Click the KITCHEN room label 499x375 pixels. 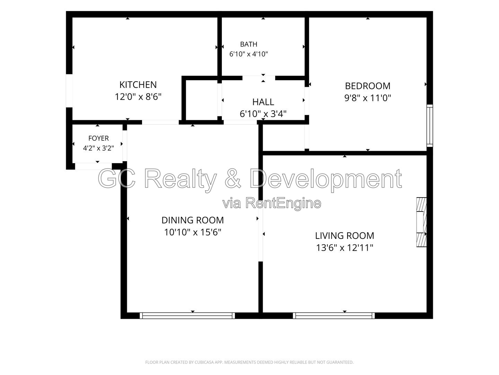point(138,85)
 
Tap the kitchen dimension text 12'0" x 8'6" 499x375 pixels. point(138,97)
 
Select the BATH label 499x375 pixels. point(248,44)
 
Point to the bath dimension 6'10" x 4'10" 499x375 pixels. point(248,54)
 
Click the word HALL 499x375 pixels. point(263,102)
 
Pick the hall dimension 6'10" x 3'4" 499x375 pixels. point(263,114)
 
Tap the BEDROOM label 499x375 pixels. point(367,86)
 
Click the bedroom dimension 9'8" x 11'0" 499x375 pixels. point(367,98)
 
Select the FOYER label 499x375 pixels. point(98,138)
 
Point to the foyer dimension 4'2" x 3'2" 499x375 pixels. point(98,148)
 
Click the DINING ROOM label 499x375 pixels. point(193,220)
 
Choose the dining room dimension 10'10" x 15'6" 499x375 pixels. point(193,232)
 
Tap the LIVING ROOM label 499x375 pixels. point(344,236)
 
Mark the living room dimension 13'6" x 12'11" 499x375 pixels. point(344,248)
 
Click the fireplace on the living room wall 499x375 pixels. point(421,222)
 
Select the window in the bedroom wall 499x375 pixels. point(430,125)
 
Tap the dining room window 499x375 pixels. point(187,316)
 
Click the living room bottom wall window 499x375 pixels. point(333,316)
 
